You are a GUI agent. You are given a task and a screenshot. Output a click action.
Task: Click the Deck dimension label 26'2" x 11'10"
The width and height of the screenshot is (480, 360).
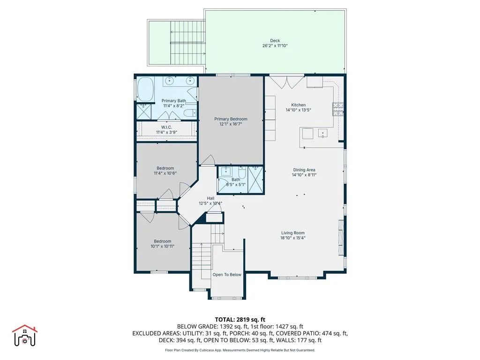(275, 46)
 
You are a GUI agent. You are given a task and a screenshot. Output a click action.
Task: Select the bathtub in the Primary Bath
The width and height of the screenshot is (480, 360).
(145, 89)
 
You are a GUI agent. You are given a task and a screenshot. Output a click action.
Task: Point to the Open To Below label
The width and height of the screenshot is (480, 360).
(227, 275)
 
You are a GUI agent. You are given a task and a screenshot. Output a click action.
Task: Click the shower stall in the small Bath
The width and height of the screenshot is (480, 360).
(255, 179)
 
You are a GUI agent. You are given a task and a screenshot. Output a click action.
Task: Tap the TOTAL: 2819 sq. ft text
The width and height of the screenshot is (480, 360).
(240, 320)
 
